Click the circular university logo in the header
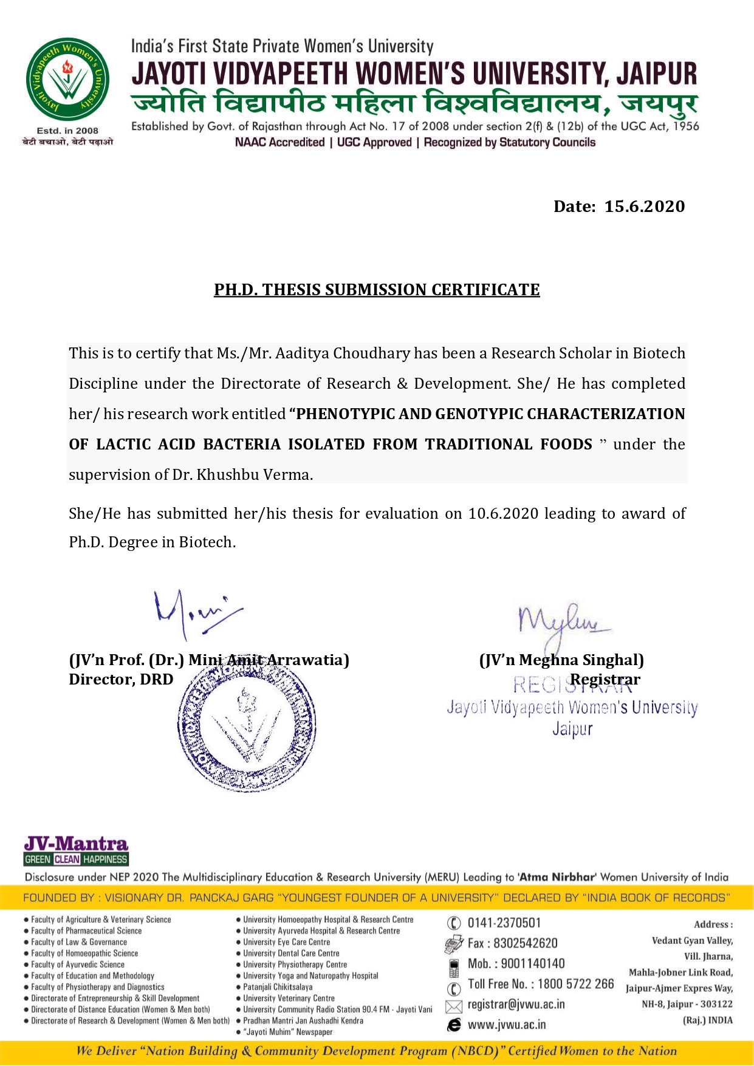pyautogui.click(x=67, y=80)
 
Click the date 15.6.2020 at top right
pyautogui.click(x=644, y=207)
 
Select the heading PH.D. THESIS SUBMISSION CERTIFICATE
pyautogui.click(x=377, y=290)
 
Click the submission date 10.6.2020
pyautogui.click(x=503, y=514)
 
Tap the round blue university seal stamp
pyautogui.click(x=246, y=724)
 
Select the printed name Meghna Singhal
pyautogui.click(x=580, y=660)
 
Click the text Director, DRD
pyautogui.click(x=121, y=680)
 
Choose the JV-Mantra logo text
pyautogui.click(x=76, y=844)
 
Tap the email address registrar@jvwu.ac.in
pyautogui.click(x=516, y=1005)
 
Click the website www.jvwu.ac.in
pyautogui.click(x=506, y=1025)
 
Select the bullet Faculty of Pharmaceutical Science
pyautogui.click(x=86, y=931)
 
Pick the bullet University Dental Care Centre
pyautogui.click(x=291, y=954)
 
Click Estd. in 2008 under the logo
pyautogui.click(x=67, y=131)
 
